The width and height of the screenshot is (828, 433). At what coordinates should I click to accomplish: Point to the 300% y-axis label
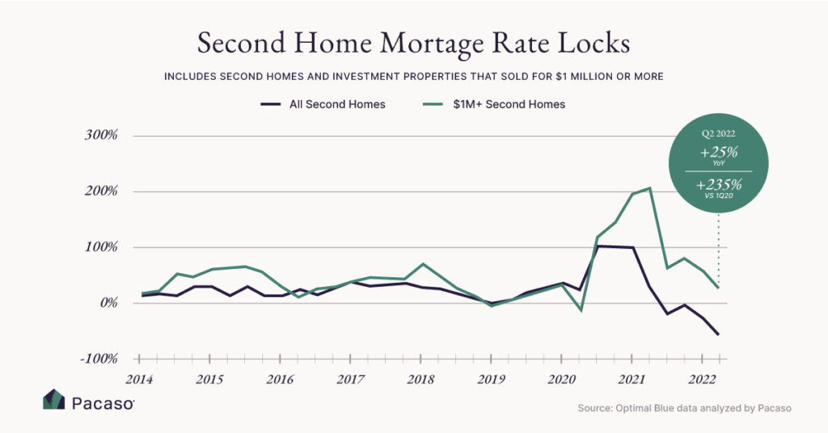(101, 136)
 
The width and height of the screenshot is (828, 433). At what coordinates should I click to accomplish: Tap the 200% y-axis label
(101, 191)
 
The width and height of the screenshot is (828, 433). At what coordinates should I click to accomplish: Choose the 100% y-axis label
(101, 247)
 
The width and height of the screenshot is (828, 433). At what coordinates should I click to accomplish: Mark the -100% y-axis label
(99, 359)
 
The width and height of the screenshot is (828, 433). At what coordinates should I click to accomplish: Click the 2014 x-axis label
(140, 379)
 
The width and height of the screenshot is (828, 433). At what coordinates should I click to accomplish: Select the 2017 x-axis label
(350, 379)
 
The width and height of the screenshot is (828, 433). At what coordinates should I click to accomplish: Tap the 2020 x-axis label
(561, 379)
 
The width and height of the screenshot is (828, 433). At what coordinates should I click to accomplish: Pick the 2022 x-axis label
(701, 379)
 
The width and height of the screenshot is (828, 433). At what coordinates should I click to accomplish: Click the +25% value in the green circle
(718, 152)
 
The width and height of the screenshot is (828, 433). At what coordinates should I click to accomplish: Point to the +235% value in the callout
(718, 185)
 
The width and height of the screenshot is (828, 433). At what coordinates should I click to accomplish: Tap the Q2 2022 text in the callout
(718, 133)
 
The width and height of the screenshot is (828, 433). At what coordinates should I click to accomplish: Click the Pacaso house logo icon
(53, 401)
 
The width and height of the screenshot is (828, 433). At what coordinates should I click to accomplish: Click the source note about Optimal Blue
(684, 409)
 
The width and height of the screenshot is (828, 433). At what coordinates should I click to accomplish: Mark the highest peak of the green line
(649, 188)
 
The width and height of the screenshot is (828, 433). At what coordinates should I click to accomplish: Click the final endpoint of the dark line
(718, 334)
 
